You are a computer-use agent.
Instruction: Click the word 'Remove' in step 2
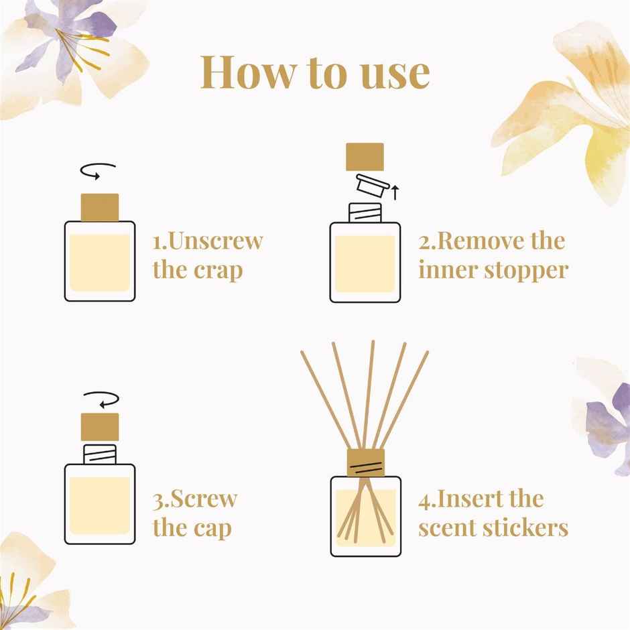click(481, 241)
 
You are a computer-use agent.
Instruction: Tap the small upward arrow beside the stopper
click(395, 193)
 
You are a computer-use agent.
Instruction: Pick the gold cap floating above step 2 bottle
click(365, 157)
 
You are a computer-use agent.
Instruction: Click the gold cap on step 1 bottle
click(99, 207)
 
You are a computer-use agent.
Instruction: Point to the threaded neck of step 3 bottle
click(99, 454)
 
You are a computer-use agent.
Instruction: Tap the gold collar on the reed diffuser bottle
click(366, 463)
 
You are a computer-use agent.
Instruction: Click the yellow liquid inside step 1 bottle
click(99, 263)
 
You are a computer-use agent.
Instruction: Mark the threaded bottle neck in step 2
click(365, 214)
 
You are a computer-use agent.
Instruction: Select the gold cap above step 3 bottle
click(99, 427)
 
